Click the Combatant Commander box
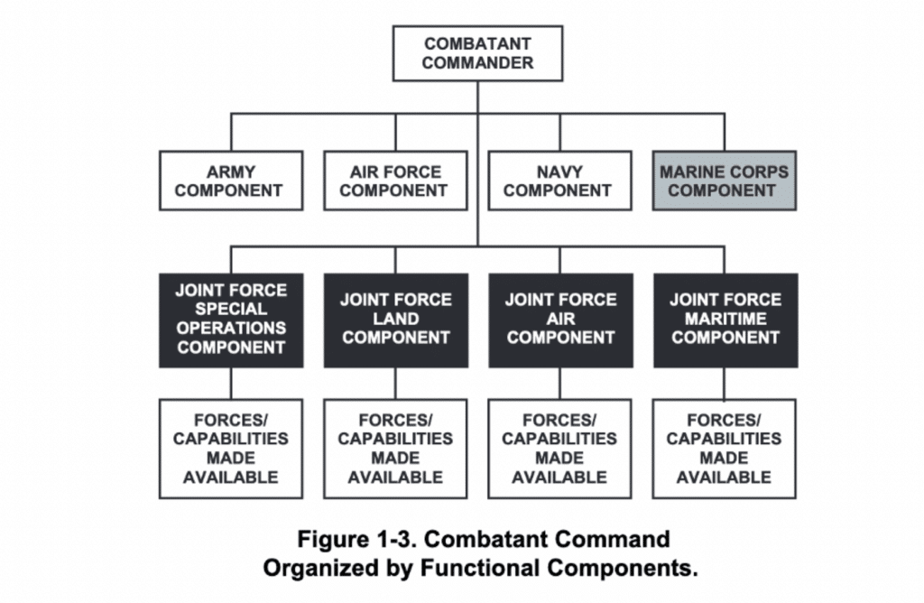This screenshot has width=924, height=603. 477,53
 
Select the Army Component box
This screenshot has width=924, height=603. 231,181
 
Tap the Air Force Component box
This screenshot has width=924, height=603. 395,181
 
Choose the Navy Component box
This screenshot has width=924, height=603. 559,181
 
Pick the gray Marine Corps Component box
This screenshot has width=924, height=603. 724,181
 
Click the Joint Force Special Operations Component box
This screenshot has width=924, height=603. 231,320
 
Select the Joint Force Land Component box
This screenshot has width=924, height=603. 395,320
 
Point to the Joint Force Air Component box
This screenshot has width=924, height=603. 559,320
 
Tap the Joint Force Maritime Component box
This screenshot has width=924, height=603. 724,320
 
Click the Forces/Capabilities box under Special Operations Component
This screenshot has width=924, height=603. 231,449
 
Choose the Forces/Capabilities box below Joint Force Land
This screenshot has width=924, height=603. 395,449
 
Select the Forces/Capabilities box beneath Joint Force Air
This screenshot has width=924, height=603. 559,449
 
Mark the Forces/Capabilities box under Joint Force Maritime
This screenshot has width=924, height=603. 724,449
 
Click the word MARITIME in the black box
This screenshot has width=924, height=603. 725,319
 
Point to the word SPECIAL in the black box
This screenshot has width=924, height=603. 231,310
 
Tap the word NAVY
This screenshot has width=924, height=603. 559,172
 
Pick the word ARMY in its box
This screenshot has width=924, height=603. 231,172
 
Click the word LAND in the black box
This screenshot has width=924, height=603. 395,319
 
